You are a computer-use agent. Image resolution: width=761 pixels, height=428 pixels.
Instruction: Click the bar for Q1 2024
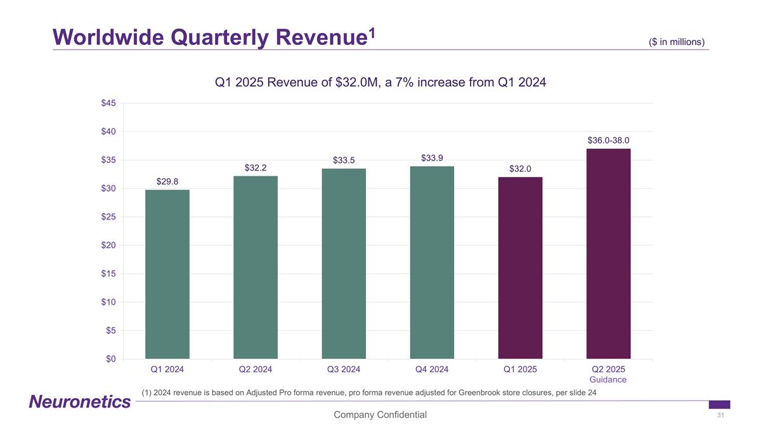(167, 274)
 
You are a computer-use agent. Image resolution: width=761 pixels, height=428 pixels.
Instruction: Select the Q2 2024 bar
(256, 267)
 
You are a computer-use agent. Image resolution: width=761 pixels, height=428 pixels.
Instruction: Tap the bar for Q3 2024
(344, 263)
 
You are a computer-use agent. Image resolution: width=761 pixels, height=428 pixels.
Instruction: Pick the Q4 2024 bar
(432, 262)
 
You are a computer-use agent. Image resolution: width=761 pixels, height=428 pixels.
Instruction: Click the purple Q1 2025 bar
(520, 268)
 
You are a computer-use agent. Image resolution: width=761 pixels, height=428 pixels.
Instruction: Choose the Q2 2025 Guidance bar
(608, 254)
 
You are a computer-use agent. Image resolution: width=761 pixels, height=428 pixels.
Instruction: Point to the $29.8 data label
(167, 182)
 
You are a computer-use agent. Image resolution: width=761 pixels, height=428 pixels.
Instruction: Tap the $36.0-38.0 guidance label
(608, 140)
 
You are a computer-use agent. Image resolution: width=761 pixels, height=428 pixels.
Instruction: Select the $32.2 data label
(256, 168)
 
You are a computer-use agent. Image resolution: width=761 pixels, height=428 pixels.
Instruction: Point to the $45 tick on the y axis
(108, 103)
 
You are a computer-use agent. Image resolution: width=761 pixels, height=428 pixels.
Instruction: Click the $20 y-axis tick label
(108, 245)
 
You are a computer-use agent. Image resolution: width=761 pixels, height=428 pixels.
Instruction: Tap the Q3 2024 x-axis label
(344, 369)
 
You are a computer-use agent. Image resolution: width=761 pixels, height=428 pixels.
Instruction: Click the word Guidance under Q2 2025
(608, 380)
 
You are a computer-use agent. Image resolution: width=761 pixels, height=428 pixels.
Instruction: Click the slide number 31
(720, 415)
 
